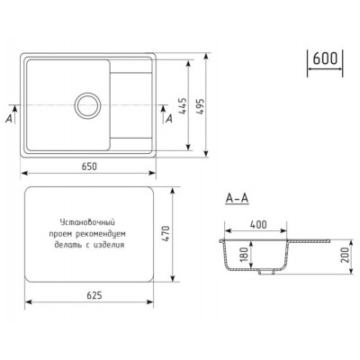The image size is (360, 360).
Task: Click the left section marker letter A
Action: (x=8, y=118)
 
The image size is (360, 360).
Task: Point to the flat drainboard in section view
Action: (x=315, y=240)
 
